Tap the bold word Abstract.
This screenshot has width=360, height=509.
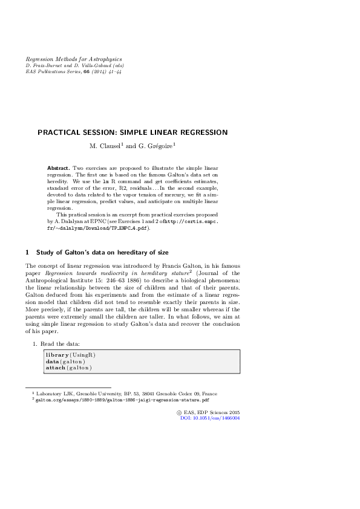click(x=59, y=166)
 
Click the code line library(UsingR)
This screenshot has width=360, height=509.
click(x=70, y=354)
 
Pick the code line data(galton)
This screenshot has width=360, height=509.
click(x=65, y=361)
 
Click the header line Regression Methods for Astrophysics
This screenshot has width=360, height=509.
click(x=73, y=59)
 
